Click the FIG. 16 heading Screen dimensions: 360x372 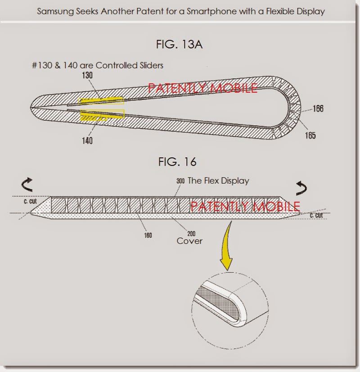point(177,161)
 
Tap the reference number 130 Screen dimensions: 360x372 point(87,76)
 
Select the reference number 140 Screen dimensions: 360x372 point(87,141)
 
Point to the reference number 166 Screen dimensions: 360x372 point(318,109)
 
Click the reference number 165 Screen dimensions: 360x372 point(310,136)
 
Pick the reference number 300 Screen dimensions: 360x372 point(180,181)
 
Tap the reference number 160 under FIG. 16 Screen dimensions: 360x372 point(148,235)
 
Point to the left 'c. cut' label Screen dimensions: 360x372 point(31,201)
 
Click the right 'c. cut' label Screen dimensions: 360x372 point(316,216)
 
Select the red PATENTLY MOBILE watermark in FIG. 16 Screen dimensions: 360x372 point(245,207)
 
